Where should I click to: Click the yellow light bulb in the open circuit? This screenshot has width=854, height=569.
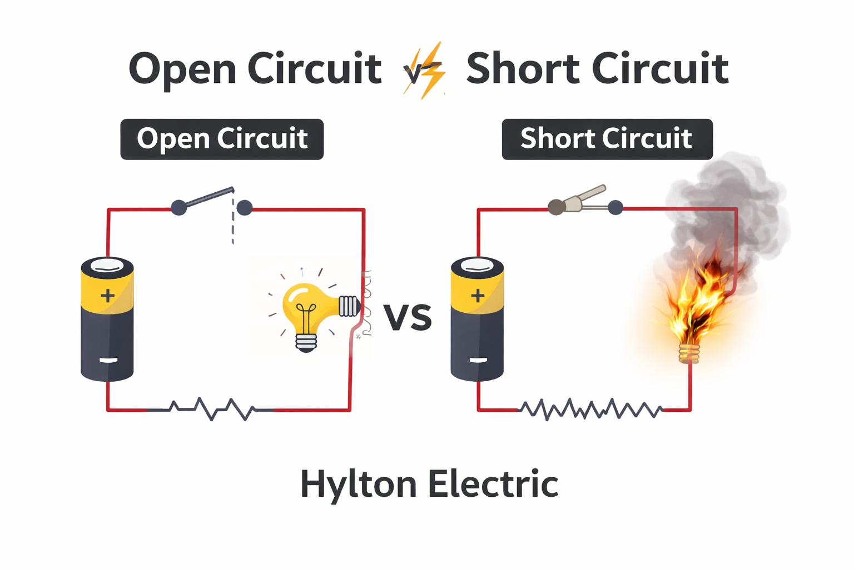[x=305, y=308]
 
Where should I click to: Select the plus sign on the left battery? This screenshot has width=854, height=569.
[x=107, y=295]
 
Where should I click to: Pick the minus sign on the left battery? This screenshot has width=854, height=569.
[x=108, y=360]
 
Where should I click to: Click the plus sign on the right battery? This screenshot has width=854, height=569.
[x=477, y=295]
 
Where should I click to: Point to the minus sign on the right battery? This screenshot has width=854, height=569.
[x=478, y=360]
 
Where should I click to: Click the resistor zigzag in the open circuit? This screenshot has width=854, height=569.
[x=211, y=409]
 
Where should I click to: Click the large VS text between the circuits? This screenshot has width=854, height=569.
[x=408, y=317]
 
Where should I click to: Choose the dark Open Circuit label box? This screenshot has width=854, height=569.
[x=222, y=139]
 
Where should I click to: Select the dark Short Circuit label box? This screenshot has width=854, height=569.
[x=607, y=139]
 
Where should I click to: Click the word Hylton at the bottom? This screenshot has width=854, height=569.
[x=358, y=484]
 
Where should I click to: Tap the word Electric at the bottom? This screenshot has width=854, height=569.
[x=493, y=484]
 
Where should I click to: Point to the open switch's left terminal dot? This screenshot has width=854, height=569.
[x=178, y=208]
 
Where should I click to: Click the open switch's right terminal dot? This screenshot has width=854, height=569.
[x=244, y=208]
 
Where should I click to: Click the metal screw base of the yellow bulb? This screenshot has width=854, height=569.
[x=349, y=306]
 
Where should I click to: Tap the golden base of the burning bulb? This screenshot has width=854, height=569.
[x=689, y=353]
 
